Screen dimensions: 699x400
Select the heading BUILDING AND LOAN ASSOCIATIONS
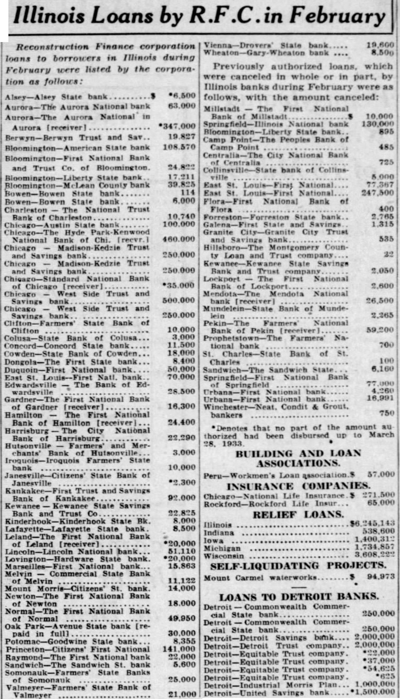(298, 458)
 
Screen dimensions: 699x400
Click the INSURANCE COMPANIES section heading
(298, 486)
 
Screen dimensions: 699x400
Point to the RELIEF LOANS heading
(298, 515)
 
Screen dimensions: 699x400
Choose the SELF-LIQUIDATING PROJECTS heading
(298, 566)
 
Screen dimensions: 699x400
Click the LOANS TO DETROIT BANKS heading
(298, 597)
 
